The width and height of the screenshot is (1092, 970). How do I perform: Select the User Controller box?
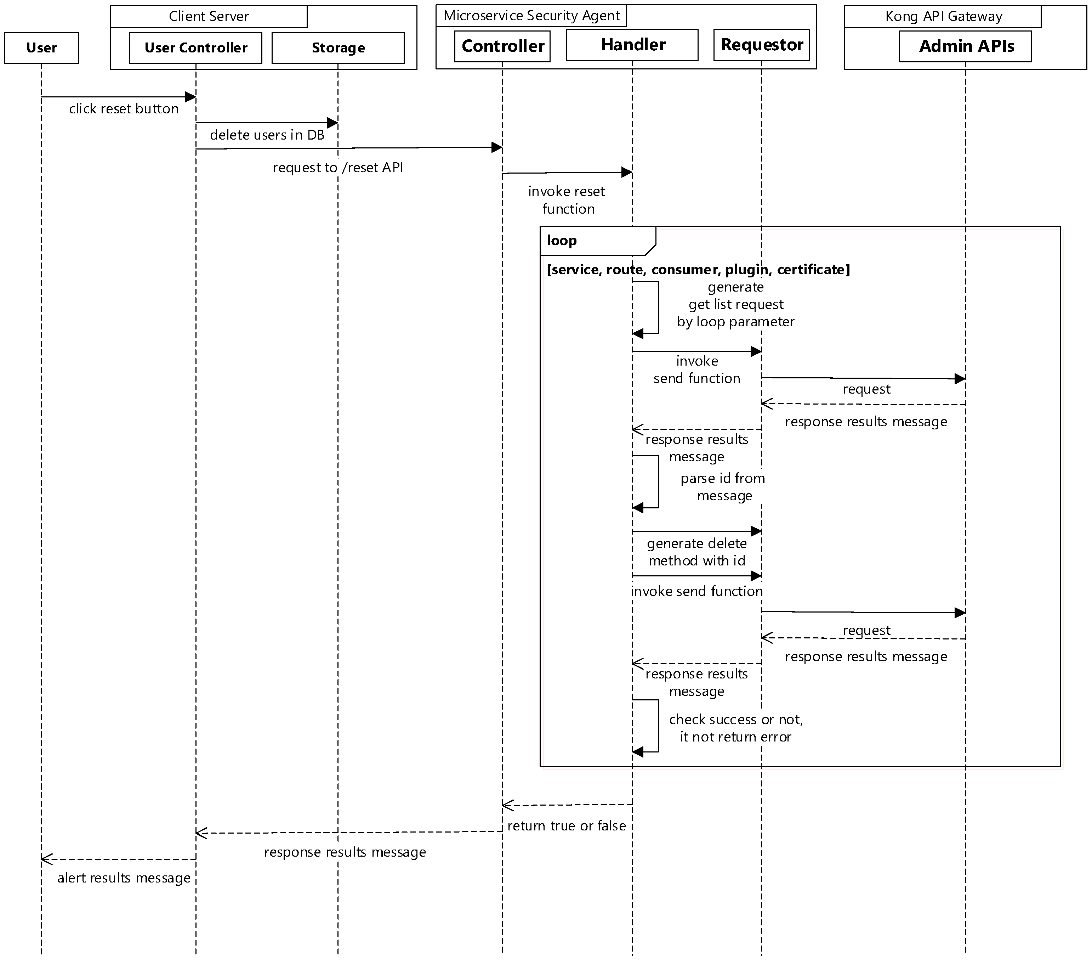[x=195, y=48]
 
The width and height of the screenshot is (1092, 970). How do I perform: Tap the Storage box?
[x=338, y=48]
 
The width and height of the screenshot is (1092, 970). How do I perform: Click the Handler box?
[x=632, y=45]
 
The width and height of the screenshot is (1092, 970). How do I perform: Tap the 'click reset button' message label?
[x=124, y=109]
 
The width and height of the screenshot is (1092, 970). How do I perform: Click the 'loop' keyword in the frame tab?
[x=562, y=241]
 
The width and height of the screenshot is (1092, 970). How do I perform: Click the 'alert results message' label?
[x=124, y=878]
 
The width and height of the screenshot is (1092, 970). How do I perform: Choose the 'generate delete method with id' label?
[x=696, y=552]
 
